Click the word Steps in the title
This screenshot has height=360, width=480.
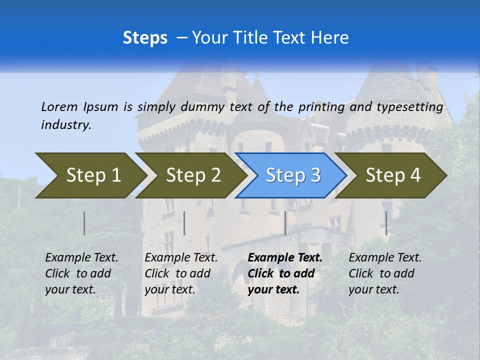pos(145,38)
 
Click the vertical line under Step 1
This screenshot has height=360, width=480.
pos(84,223)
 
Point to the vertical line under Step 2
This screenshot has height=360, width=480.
pos(184,223)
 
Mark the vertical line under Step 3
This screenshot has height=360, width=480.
pos(285,223)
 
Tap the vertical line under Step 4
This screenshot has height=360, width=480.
pos(386,223)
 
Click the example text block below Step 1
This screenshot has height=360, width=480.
pos(81,273)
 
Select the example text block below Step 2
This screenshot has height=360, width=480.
pos(181,273)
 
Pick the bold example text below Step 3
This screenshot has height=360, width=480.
pos(285,273)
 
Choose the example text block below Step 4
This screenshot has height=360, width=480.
pos(385,273)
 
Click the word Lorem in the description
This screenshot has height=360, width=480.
pos(59,106)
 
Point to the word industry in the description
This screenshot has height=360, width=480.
pos(66,125)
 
